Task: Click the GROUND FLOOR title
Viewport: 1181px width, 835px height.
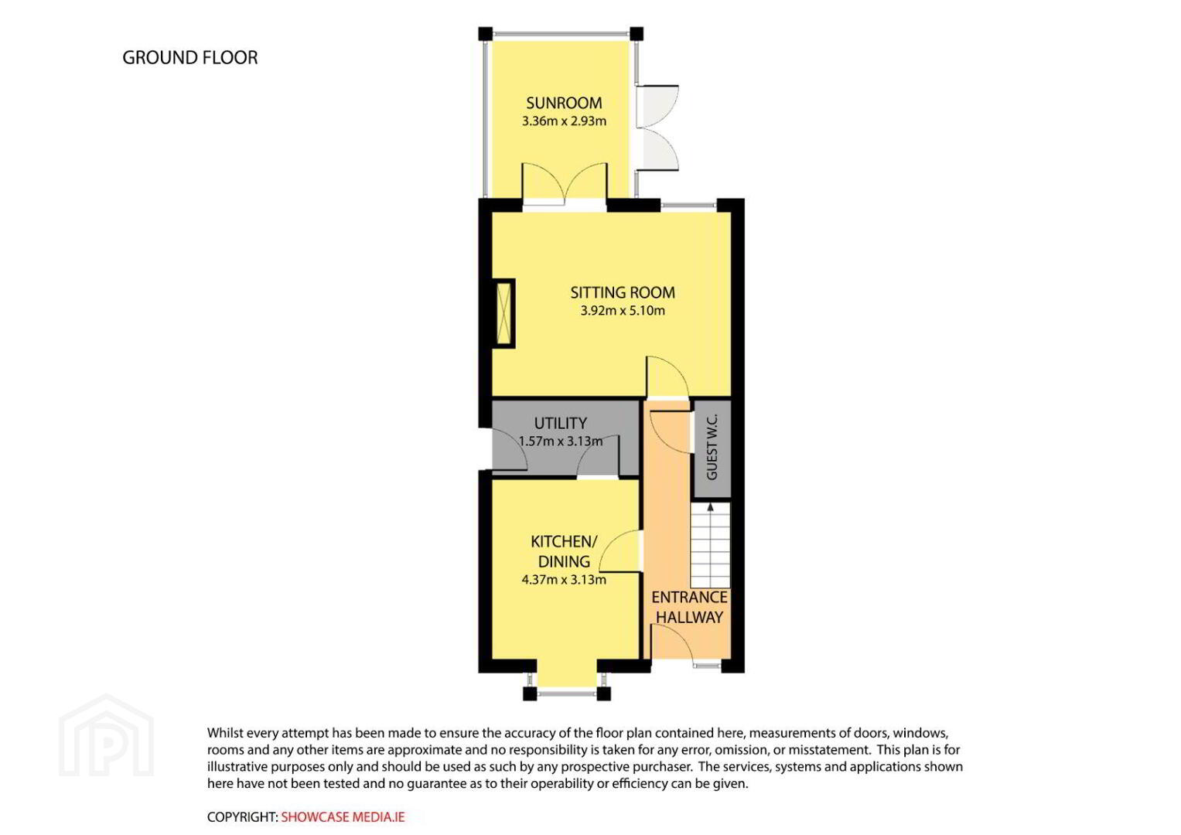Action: tap(189, 57)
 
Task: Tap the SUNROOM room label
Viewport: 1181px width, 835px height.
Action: tap(564, 103)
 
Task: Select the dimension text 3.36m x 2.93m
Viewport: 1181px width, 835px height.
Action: tap(564, 121)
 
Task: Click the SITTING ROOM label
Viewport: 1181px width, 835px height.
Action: tap(622, 292)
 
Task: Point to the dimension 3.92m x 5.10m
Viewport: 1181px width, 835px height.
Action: tap(622, 311)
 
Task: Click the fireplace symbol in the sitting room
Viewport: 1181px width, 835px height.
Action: tap(504, 313)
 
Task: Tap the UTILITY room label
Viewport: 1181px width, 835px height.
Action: tap(560, 424)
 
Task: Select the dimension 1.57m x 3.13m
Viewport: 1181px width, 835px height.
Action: tap(560, 441)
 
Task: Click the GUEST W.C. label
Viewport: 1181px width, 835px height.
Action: tap(712, 447)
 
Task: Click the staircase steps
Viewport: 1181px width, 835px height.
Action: tap(710, 545)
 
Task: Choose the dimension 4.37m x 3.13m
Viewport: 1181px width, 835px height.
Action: tap(564, 580)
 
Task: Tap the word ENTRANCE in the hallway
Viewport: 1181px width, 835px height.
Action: tap(689, 597)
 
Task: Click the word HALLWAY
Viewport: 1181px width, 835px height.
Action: tap(689, 617)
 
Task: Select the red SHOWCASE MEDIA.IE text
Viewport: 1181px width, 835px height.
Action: tap(343, 817)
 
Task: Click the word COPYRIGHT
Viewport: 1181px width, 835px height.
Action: tap(242, 817)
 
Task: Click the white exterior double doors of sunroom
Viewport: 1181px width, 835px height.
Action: tap(657, 128)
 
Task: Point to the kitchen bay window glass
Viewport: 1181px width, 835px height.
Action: tap(567, 694)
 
